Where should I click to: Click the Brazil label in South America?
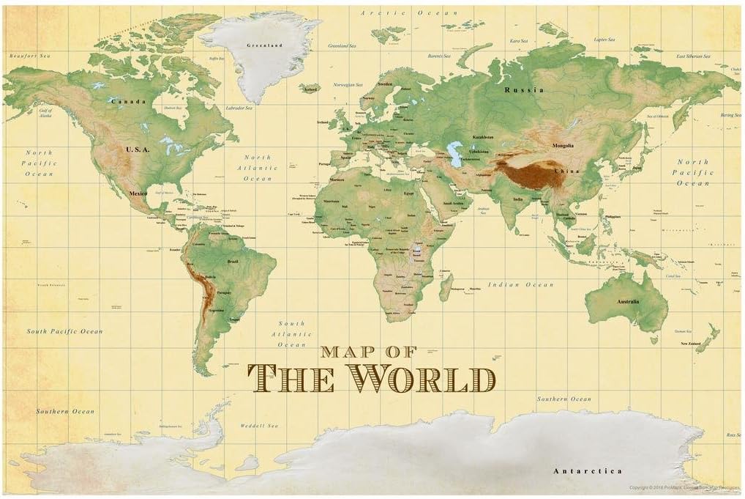[234, 262]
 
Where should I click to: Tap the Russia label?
[524, 89]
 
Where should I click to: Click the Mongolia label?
[564, 146]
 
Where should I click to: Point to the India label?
[517, 199]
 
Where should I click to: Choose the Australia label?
[627, 301]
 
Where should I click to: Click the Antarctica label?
[588, 470]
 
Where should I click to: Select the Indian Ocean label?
[521, 284]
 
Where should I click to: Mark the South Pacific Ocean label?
[65, 331]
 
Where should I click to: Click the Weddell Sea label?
[260, 426]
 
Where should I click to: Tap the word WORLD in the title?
[426, 378]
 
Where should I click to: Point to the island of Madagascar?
[444, 287]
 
